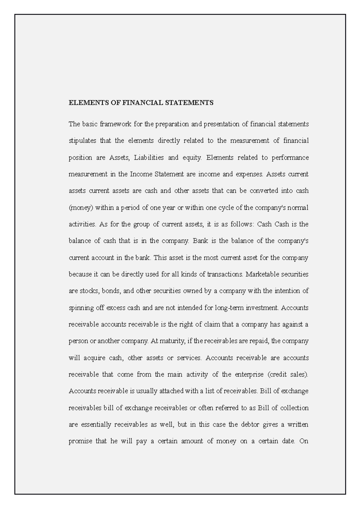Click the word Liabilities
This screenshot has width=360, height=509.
click(x=149, y=158)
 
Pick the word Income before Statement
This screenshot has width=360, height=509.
click(x=141, y=174)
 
